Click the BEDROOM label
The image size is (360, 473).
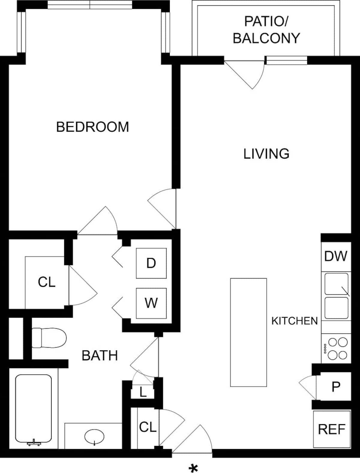tap(92, 127)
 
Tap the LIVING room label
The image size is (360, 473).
tap(266, 153)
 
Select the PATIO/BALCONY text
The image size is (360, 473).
tap(266, 30)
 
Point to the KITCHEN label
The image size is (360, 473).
tap(294, 321)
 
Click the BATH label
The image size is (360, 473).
tap(100, 355)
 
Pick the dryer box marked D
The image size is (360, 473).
tap(151, 263)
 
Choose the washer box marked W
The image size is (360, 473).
tap(151, 303)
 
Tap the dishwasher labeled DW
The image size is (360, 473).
tap(336, 256)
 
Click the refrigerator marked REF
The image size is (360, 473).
tap(331, 429)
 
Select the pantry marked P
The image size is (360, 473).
tap(336, 387)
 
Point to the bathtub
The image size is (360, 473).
tap(33, 409)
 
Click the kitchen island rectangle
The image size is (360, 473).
tap(248, 332)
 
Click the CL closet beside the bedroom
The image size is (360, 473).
tap(46, 282)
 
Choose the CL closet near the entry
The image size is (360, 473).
tap(148, 427)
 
